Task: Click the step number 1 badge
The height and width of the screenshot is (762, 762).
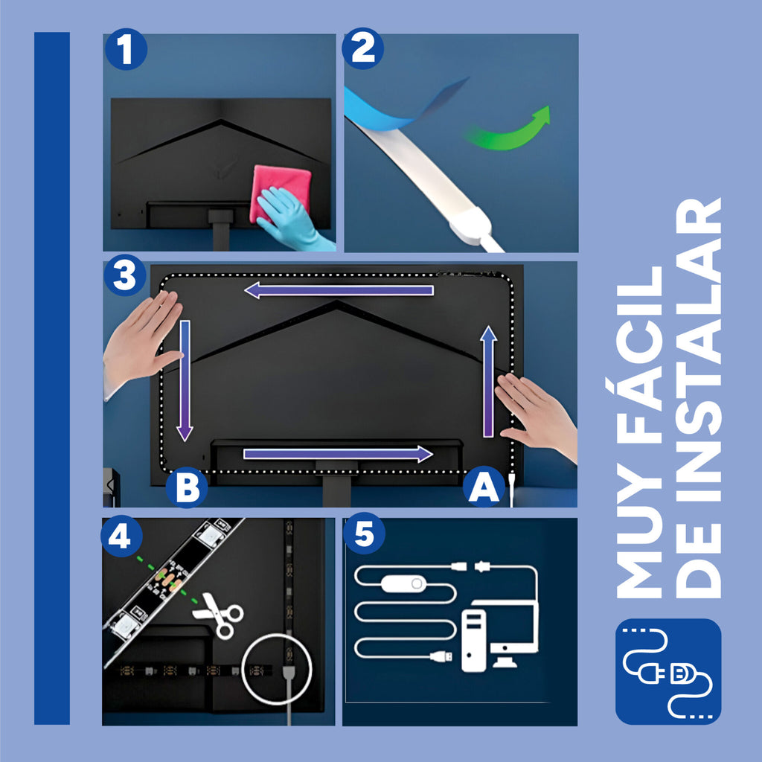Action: [126, 49]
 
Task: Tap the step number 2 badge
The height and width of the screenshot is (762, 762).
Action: [362, 48]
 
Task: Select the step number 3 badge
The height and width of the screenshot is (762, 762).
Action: [125, 275]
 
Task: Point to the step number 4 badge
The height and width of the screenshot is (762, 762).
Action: [121, 536]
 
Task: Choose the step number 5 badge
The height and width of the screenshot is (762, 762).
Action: [364, 534]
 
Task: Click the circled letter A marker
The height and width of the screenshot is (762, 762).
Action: [484, 487]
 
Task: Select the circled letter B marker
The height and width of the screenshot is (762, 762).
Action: [187, 487]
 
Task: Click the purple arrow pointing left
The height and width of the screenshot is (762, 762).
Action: [339, 290]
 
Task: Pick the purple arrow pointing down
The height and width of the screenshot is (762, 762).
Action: [185, 380]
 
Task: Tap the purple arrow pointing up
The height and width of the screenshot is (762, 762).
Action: [488, 382]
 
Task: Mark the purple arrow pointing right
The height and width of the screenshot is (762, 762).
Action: [339, 454]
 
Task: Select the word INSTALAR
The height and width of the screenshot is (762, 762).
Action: [698, 350]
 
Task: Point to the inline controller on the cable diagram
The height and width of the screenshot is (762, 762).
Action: [403, 583]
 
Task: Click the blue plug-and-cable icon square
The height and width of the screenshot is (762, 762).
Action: [668, 672]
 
